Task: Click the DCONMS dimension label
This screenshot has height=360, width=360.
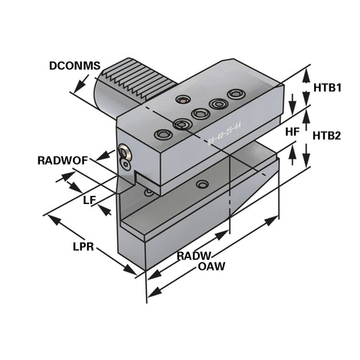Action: click(74, 66)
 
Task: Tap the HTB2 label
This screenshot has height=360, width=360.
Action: click(326, 135)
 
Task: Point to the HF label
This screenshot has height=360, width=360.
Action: click(292, 132)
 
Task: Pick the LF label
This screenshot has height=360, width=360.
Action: click(88, 200)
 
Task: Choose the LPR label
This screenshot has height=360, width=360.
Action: click(83, 247)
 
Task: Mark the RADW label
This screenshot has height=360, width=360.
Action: click(195, 255)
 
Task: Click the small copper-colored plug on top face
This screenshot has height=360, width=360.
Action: click(180, 101)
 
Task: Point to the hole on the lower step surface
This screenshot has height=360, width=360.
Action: click(201, 184)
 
